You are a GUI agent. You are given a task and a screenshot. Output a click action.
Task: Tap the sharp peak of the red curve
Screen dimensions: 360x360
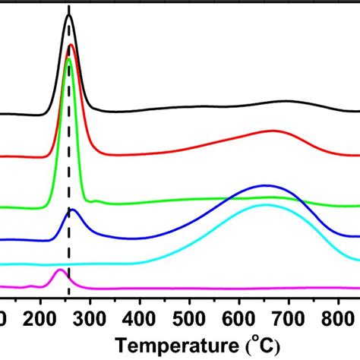[71, 46]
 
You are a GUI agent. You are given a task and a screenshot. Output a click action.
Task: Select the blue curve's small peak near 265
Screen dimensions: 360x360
[72, 210]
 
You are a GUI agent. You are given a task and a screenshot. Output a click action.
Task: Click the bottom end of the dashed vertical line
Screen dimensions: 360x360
[69, 298]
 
